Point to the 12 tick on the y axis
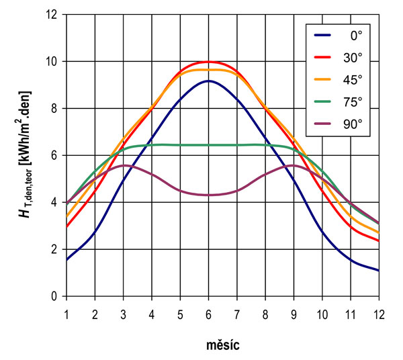point(55,15)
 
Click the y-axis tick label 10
point(55,62)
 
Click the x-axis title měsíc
point(223,347)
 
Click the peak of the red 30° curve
point(209,61)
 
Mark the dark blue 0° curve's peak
point(209,81)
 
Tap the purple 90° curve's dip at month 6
point(209,195)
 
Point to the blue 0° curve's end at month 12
point(379,270)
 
